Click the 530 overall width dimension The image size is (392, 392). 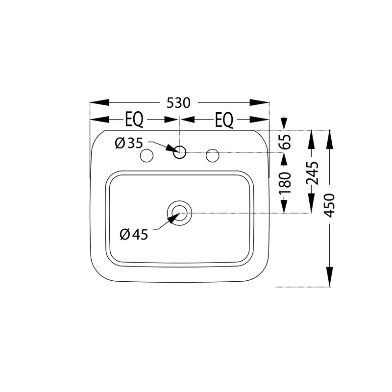178,103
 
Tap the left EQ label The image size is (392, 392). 134,120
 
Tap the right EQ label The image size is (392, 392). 224,120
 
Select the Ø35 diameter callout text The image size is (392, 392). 129,143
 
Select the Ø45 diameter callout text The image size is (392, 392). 134,235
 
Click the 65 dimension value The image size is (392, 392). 286,142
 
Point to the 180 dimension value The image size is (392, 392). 286,183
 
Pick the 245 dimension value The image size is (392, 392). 313,173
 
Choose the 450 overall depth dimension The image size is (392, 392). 329,205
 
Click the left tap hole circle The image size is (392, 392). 147,155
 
